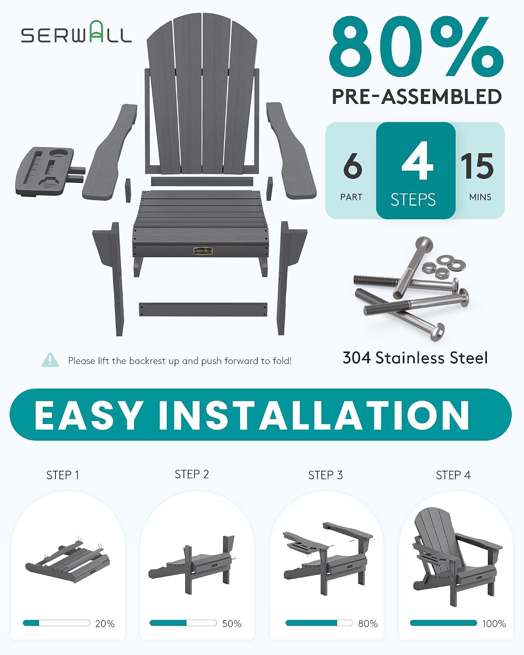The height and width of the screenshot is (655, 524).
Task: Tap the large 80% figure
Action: click(x=416, y=47)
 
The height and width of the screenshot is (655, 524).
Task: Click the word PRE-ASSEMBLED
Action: click(x=417, y=97)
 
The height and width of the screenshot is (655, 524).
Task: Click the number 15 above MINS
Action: click(x=477, y=166)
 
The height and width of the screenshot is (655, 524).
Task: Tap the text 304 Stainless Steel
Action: click(x=415, y=358)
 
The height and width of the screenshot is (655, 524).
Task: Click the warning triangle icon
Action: click(x=50, y=360)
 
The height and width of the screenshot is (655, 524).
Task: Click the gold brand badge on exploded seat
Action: click(x=203, y=251)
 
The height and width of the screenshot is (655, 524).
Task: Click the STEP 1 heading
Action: click(x=63, y=475)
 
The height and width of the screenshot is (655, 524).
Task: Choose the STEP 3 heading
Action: click(x=325, y=475)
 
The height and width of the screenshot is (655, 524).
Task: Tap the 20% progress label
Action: click(x=105, y=624)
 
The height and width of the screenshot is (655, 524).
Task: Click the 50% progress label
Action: click(x=232, y=624)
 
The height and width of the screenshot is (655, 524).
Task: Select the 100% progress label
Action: click(x=494, y=624)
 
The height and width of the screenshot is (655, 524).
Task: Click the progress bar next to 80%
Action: click(x=319, y=623)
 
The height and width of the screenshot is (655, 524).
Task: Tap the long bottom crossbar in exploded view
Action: click(x=203, y=310)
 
